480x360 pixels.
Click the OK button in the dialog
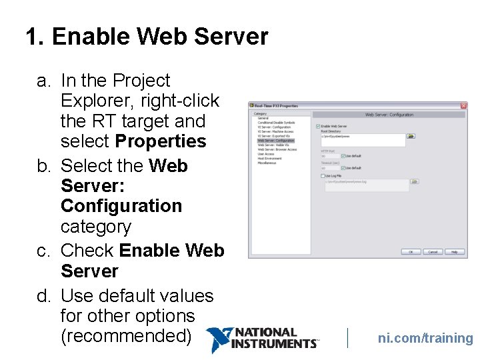pyautogui.click(x=411, y=252)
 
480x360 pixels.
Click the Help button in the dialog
pyautogui.click(x=454, y=252)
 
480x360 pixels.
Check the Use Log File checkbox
pyautogui.click(x=323, y=175)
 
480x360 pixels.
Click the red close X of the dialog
pyautogui.click(x=463, y=105)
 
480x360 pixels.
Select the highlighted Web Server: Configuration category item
pyautogui.click(x=275, y=141)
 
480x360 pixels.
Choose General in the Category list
pyautogui.click(x=263, y=118)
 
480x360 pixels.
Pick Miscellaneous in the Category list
pyautogui.click(x=267, y=163)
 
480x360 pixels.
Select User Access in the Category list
pyautogui.click(x=266, y=154)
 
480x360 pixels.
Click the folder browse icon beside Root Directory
pyautogui.click(x=411, y=136)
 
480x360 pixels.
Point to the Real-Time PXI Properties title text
pyautogui.click(x=276, y=105)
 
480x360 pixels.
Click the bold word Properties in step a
pyautogui.click(x=161, y=141)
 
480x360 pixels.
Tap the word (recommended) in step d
pyautogui.click(x=126, y=336)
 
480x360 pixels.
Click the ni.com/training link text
pyautogui.click(x=425, y=338)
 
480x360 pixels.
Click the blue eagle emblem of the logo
pyautogui.click(x=219, y=339)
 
